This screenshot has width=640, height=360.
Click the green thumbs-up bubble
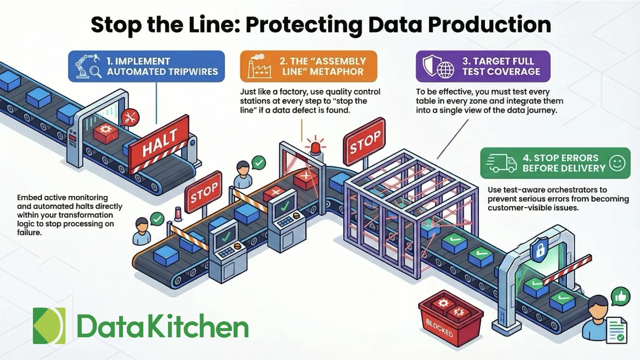tap(619, 296)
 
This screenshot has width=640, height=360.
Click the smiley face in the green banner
tap(617, 163)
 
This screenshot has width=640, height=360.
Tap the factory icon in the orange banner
tap(260, 66)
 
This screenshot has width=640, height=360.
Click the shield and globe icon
tap(438, 66)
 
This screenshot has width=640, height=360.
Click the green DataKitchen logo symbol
tap(49, 326)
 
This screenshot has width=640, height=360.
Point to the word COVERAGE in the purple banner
tap(514, 72)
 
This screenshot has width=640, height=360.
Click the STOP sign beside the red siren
tap(364, 144)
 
